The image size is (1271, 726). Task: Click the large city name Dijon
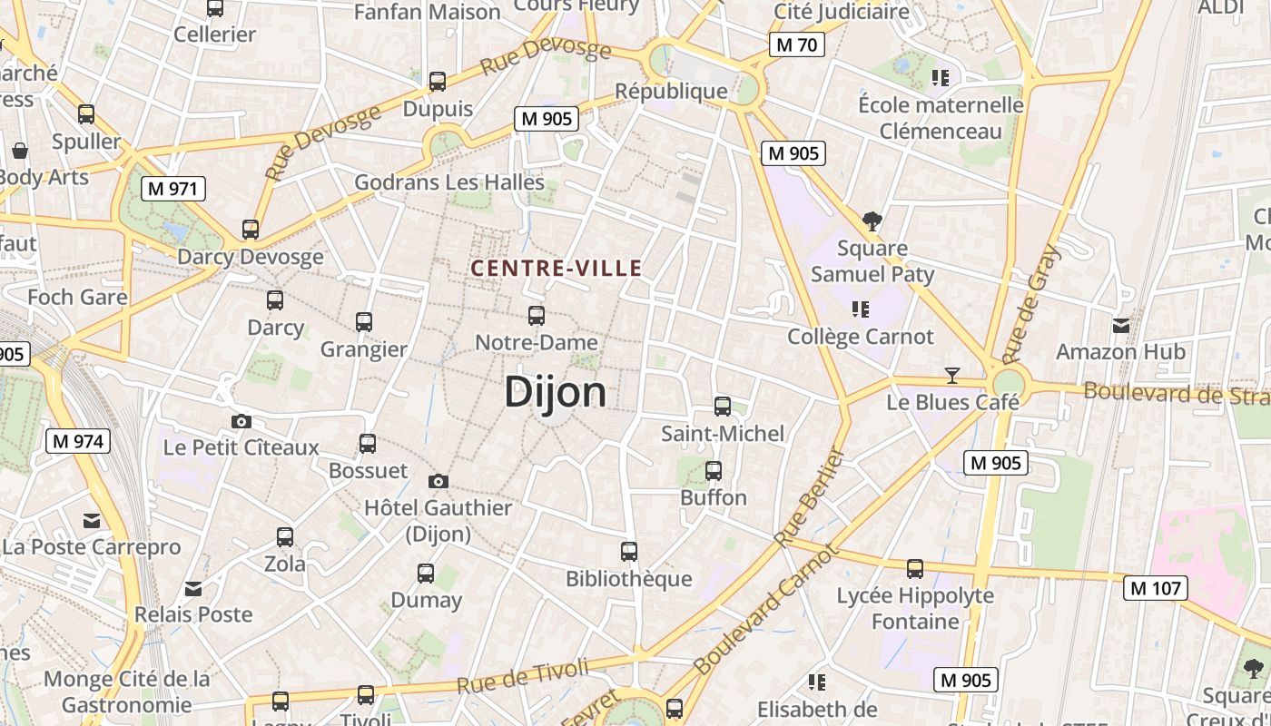pos(556,392)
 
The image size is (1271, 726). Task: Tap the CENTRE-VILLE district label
pos(557,268)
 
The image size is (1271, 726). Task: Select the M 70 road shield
pos(797,44)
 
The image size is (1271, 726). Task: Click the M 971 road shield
pos(173,189)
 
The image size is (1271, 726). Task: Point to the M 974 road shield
pos(78,442)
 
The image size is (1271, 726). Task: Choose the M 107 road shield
pos(1156,588)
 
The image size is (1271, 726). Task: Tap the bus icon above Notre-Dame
pos(537,316)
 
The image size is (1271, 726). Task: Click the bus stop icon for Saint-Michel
pos(723,407)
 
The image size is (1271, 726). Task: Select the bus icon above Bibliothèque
pos(628,551)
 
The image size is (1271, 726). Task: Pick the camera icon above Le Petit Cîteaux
pos(241,421)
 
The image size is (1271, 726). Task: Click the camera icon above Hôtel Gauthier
pos(438,481)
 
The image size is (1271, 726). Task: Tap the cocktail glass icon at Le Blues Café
pos(951,375)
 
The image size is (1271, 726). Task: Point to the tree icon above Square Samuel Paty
pos(872,221)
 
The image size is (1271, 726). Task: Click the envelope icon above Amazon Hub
pos(1121,325)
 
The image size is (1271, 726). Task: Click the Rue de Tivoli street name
pos(523,678)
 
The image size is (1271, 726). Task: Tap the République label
pos(671,91)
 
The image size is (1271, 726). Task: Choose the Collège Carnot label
pos(861,337)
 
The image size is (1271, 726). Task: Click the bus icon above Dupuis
pos(438,82)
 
